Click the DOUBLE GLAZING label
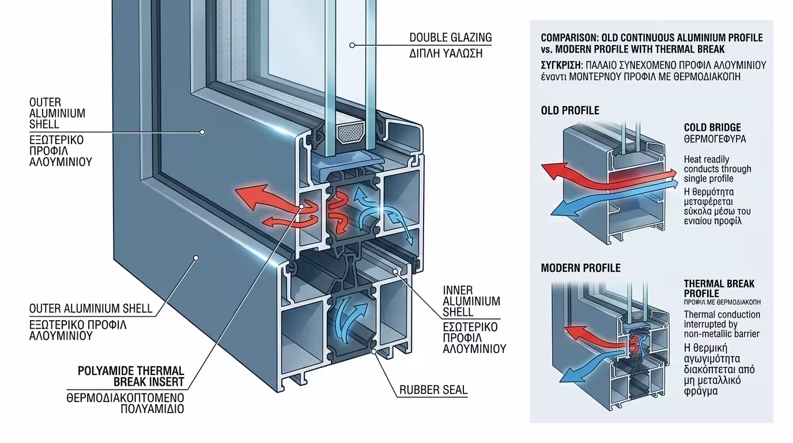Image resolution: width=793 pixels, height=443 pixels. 451,38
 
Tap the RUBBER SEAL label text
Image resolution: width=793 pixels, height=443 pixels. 433,390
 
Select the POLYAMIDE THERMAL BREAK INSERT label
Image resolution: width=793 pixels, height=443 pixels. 131,376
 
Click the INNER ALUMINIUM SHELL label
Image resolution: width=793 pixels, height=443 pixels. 471,301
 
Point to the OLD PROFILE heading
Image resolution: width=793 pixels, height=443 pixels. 570,111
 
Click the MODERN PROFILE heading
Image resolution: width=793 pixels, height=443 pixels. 580,268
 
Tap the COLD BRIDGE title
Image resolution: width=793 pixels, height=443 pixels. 712,127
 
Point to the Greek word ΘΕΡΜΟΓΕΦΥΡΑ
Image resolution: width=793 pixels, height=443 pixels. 715,140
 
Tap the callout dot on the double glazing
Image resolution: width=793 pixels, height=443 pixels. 352,44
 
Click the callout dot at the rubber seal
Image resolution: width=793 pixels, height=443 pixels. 374,350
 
